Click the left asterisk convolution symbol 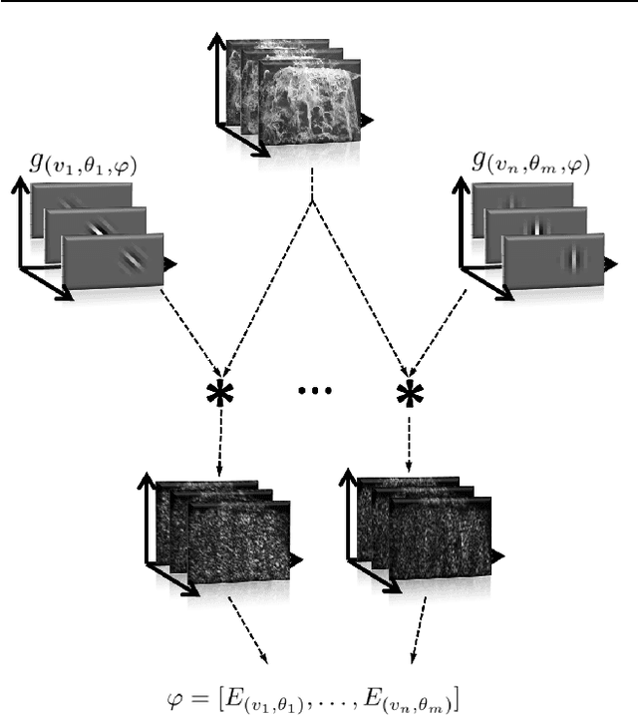219,395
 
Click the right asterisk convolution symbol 409,395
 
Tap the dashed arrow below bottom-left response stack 249,630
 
